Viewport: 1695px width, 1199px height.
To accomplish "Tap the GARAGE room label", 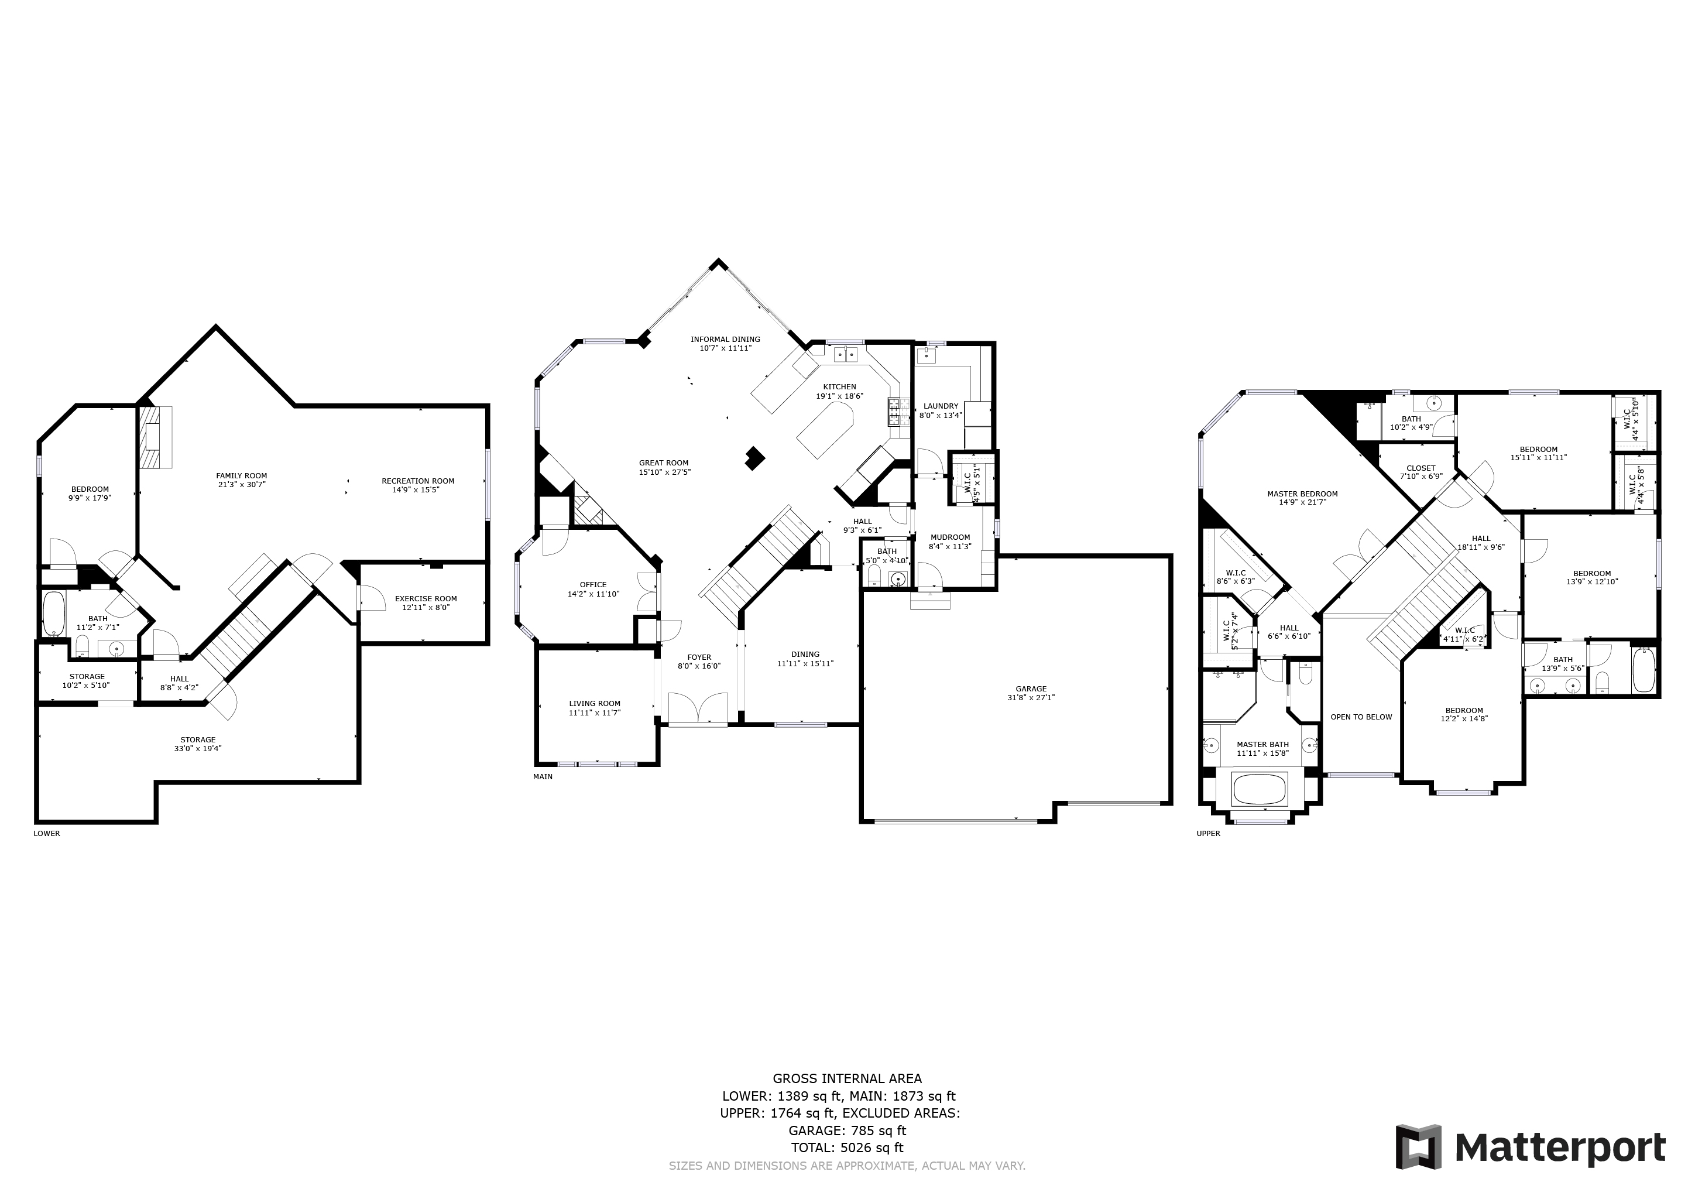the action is [1031, 689].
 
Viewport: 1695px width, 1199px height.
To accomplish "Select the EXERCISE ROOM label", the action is [426, 599].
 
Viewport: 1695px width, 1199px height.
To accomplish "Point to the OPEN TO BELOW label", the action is [1361, 717].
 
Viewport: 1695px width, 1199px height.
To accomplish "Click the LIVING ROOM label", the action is [594, 704].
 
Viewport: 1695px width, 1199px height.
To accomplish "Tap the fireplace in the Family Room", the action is [155, 437].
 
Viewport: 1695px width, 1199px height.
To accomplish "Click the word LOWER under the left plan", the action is [46, 834].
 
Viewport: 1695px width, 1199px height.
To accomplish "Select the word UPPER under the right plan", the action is [1209, 834].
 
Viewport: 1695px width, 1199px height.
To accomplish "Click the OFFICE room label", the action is [593, 585].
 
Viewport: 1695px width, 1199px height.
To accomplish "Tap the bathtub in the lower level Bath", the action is [54, 614].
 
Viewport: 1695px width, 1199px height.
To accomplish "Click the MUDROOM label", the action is [949, 537].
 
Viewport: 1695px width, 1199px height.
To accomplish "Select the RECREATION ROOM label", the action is [418, 481].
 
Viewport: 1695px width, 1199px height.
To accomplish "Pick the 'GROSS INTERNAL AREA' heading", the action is [847, 1078].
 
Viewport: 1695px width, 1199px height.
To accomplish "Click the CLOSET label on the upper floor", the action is [1420, 468].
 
